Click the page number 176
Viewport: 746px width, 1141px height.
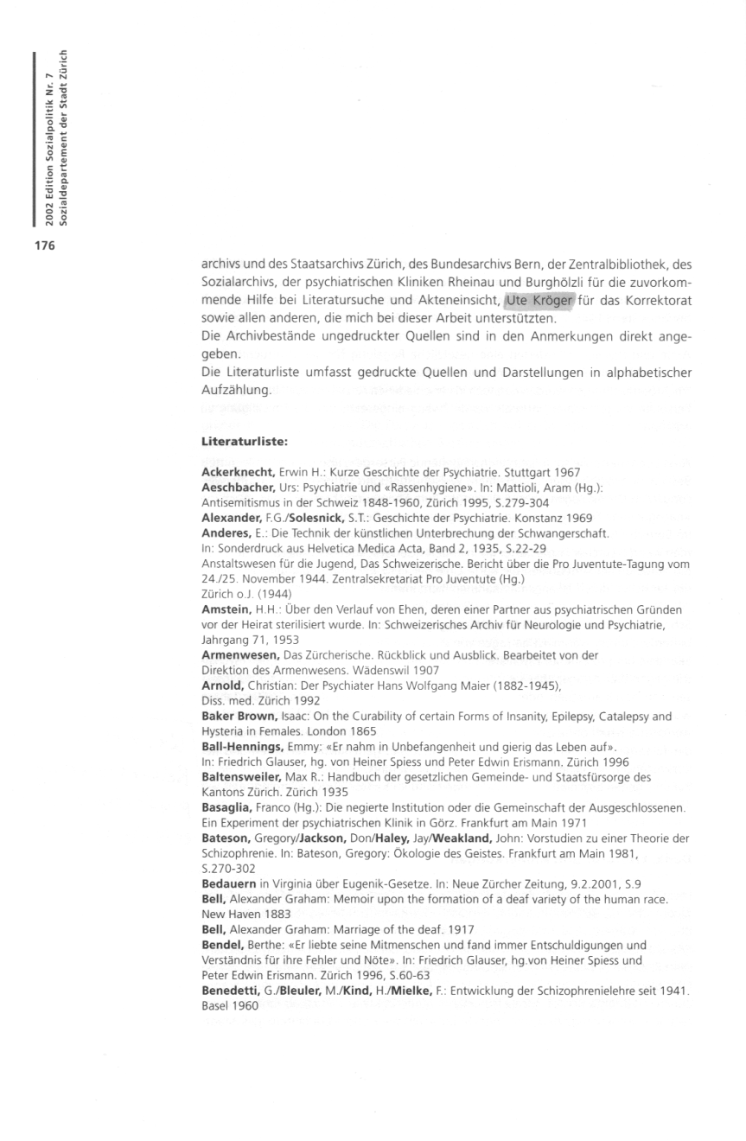click(44, 245)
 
